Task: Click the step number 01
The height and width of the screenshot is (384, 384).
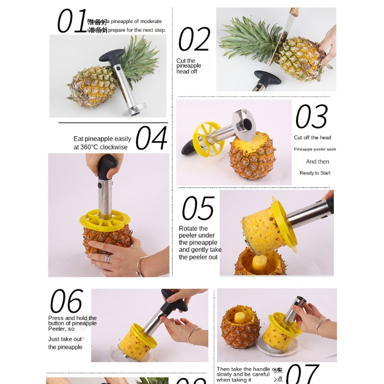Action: click(72, 22)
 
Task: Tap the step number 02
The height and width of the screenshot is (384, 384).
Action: click(194, 39)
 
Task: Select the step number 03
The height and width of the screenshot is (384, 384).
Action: click(311, 117)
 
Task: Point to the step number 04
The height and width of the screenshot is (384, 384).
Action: click(151, 138)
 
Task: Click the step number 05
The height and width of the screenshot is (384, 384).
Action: click(198, 208)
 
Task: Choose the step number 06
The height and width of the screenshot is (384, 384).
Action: click(66, 302)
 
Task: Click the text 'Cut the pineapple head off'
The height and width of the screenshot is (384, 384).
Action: click(189, 66)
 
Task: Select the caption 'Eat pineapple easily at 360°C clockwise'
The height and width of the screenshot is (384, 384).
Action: click(102, 143)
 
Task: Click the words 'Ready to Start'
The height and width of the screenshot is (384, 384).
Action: click(315, 173)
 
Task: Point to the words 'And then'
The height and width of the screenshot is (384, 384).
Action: click(317, 162)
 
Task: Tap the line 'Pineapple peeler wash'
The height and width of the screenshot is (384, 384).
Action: click(315, 150)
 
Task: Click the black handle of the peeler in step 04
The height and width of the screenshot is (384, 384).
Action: click(108, 167)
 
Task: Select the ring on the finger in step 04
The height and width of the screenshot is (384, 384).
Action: click(108, 259)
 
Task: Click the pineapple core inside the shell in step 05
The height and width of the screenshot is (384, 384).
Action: click(260, 262)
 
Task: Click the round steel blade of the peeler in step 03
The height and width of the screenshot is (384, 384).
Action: click(244, 124)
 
